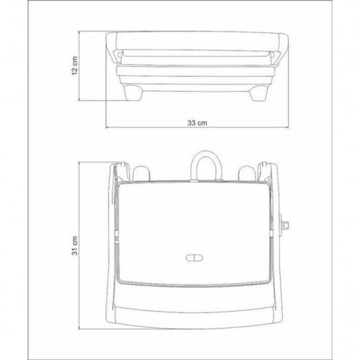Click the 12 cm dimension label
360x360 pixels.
click(75, 66)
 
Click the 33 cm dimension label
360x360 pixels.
click(197, 123)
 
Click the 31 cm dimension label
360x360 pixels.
click(75, 246)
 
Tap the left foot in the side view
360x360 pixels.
click(132, 92)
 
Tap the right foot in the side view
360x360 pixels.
click(258, 93)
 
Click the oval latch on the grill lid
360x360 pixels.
click(194, 258)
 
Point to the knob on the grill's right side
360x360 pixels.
click(284, 225)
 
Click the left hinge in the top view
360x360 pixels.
click(122, 171)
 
